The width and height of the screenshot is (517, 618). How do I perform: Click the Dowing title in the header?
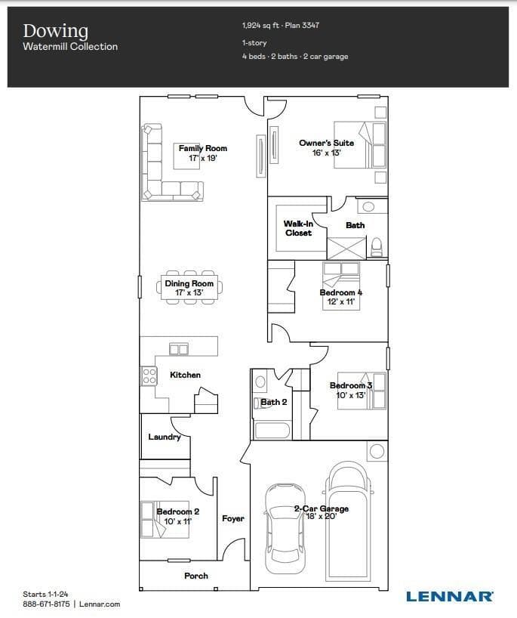(x=56, y=32)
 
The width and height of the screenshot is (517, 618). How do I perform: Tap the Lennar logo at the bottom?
(x=449, y=596)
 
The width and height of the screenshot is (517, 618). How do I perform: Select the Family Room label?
(x=203, y=149)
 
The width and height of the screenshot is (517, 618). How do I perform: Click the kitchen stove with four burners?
(x=149, y=376)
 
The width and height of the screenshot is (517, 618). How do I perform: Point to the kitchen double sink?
(x=179, y=349)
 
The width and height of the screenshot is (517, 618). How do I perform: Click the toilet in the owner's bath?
(x=377, y=247)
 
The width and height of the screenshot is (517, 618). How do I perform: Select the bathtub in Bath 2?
(x=272, y=431)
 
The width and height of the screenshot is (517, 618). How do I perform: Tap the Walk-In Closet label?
(x=298, y=228)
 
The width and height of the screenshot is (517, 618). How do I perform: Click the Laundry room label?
(x=165, y=437)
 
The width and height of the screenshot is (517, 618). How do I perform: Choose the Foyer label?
(x=233, y=518)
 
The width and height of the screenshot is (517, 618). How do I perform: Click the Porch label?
(x=196, y=576)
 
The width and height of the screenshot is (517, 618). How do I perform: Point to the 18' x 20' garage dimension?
(x=322, y=516)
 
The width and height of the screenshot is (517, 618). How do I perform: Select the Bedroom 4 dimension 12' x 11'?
(x=341, y=301)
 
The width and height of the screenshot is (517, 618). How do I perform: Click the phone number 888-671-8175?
(x=46, y=604)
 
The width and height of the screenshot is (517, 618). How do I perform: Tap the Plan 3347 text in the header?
(x=303, y=26)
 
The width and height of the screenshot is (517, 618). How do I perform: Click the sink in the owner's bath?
(x=368, y=206)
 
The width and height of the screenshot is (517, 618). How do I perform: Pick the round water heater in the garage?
(x=377, y=451)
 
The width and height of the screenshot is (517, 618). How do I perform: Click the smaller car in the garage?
(x=285, y=529)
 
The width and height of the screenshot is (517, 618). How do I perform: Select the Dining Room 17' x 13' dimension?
(x=189, y=292)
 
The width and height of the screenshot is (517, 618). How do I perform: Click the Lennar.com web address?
(x=100, y=604)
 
